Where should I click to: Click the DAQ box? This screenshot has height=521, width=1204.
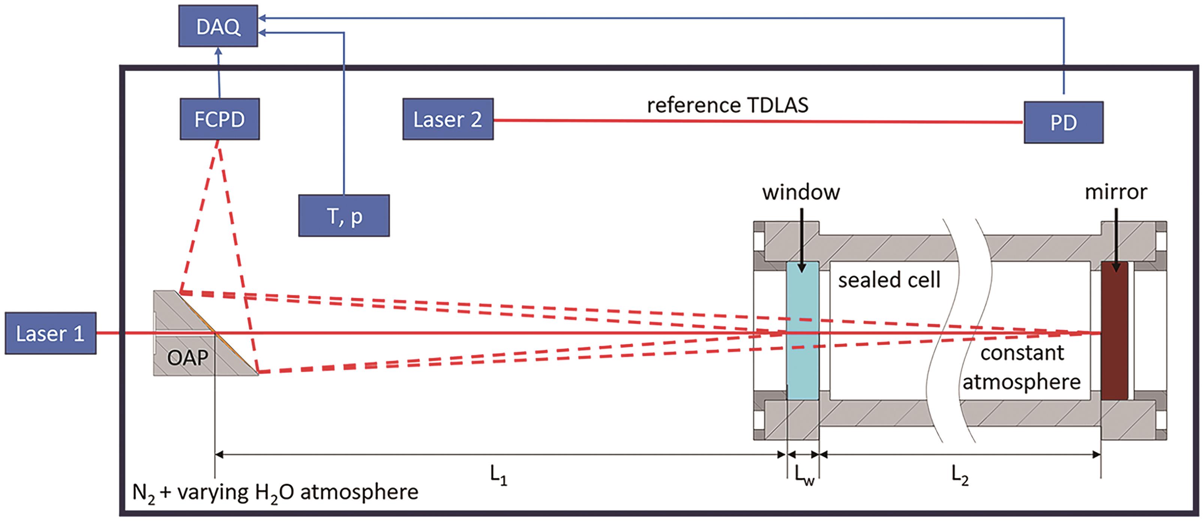coord(218,26)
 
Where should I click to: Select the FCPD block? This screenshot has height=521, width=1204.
coord(220,119)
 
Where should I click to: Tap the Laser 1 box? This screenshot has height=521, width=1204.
coord(51,333)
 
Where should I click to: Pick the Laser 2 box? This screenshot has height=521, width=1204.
coord(448,119)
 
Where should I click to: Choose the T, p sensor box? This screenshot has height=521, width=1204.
coord(344,216)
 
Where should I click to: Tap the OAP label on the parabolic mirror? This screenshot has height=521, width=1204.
coord(187,358)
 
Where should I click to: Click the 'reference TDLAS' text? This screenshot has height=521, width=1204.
coord(727,105)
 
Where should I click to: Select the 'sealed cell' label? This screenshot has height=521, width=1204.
coord(889,280)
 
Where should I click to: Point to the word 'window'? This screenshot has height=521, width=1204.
coord(801,192)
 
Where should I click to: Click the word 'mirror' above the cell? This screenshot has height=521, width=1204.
coord(1116,192)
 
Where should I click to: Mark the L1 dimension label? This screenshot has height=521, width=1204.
coord(498,476)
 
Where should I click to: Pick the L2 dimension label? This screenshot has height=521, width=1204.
coord(960,476)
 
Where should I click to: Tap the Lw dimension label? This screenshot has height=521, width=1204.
coord(804,476)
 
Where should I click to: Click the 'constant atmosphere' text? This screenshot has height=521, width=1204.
coord(1022,368)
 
